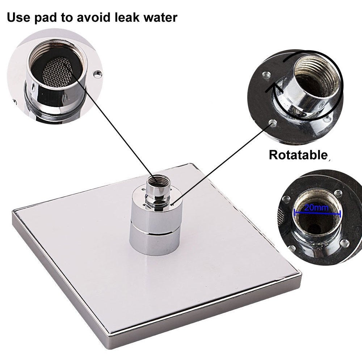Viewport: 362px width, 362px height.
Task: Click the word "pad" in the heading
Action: click(46, 18)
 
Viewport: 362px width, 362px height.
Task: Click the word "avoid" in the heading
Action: click(94, 17)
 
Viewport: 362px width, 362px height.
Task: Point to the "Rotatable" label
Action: click(298, 155)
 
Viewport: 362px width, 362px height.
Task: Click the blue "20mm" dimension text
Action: click(316, 207)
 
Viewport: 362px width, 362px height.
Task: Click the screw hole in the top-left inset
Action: click(98, 74)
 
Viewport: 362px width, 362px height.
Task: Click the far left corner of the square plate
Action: click(13, 211)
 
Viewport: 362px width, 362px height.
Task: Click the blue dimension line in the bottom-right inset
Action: click(317, 213)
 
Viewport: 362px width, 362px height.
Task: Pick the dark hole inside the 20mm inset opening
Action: click(316, 228)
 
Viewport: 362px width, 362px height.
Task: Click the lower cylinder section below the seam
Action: click(155, 245)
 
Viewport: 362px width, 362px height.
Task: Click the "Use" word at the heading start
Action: click(18, 17)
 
